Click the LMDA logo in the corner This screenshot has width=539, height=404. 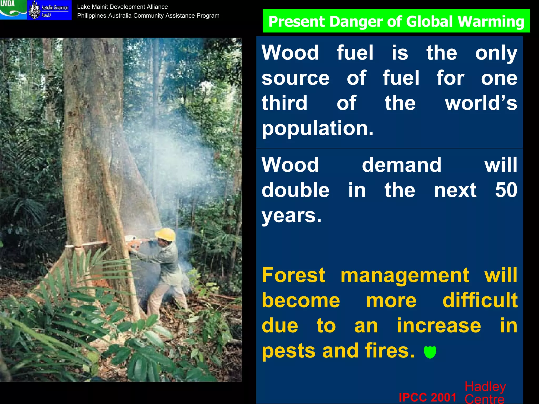coord(13,9)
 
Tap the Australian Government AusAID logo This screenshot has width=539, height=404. coord(49,10)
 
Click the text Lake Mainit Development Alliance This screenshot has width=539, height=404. coord(122,7)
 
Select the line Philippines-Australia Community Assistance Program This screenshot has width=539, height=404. coord(148,16)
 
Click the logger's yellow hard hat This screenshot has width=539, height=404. coord(166,234)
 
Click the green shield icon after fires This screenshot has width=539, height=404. coord(430,352)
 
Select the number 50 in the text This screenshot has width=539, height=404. coord(506,190)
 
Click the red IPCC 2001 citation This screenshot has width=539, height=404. coord(427,397)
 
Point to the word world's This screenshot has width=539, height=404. coord(481,103)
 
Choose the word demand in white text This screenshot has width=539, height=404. coord(401,165)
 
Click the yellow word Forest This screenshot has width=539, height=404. coord(293,275)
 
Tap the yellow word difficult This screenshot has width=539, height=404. coord(480,300)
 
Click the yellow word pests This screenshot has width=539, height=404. coord(289,351)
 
